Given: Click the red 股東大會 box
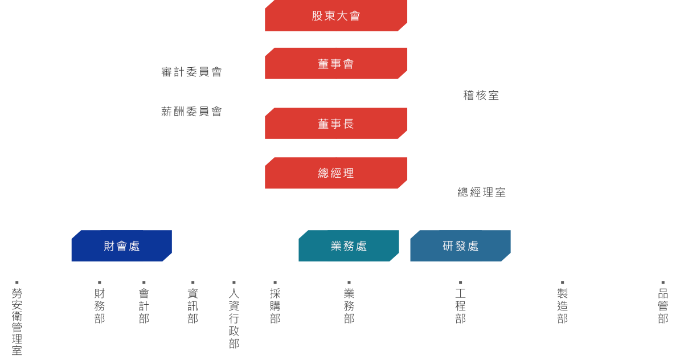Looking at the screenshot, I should coord(336,16).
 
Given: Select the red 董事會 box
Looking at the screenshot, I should coord(336,63).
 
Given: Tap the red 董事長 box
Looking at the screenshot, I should coord(336,123).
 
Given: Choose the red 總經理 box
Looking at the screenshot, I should coord(336,173).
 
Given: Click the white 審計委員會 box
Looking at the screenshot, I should coord(191,72).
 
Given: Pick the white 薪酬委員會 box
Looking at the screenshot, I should coord(191,112).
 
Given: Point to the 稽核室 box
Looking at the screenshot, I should coord(481,95).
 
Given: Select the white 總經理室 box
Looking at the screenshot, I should coord(481,192).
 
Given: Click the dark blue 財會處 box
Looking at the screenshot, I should coord(121,246).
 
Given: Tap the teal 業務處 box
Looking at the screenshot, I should coord(349,246).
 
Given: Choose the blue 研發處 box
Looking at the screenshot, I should coord(460,246).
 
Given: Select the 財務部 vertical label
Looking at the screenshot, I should coord(100,306).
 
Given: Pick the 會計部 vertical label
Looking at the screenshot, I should coord(144,306).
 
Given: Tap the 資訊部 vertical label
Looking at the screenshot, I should coord(192,306).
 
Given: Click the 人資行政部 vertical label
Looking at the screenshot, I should coord(234,318).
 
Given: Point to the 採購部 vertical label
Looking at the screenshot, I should coord(275,306).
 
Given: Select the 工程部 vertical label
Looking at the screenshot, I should coord(460,306).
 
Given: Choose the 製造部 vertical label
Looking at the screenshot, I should coord(562,306).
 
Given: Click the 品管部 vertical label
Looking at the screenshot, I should coord(663,306).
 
